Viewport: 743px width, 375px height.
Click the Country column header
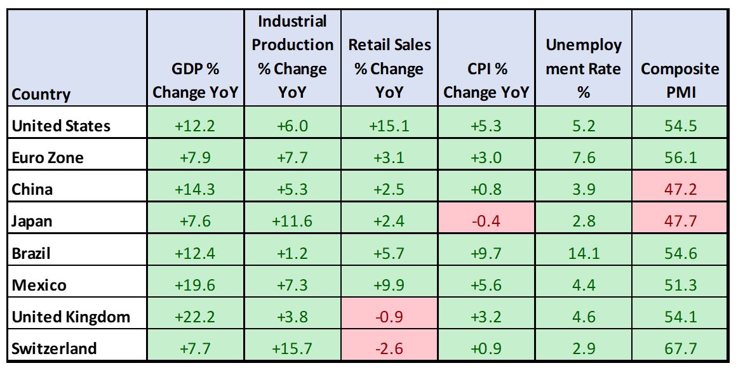[x=41, y=94]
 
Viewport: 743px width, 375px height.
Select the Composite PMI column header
[x=680, y=80]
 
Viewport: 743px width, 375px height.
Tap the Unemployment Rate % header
[x=583, y=69]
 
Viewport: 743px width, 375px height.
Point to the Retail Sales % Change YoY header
[x=389, y=69]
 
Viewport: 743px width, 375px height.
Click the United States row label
[x=61, y=126]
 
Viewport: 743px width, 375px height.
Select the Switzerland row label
[x=55, y=348]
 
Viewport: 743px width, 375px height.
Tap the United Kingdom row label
[x=70, y=317]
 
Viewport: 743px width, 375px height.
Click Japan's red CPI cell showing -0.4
[x=486, y=221]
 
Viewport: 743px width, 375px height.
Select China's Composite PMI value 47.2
[x=680, y=189]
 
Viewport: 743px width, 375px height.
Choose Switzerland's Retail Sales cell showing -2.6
[x=389, y=348]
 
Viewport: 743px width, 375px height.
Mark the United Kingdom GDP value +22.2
[x=196, y=317]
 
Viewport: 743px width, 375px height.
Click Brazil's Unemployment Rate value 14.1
[x=583, y=253]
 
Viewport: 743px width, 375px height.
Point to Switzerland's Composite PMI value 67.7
[x=680, y=348]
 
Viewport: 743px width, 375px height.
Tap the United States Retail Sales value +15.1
[x=389, y=126]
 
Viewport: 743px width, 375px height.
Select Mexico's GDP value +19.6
[x=196, y=285]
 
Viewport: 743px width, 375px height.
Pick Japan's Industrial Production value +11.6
[x=292, y=221]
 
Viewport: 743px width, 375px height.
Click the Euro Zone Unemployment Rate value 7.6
[x=583, y=157]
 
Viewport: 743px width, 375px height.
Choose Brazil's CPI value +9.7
[x=486, y=253]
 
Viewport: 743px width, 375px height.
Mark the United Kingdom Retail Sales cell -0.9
[x=389, y=317]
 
